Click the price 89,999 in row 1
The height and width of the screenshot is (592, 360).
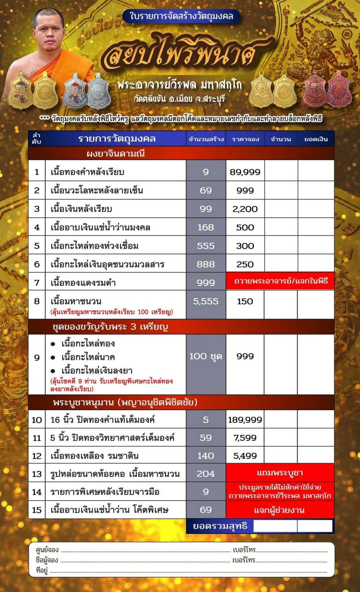point(245,172)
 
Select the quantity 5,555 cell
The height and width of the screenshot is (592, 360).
point(206,301)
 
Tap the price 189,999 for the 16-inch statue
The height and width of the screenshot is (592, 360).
point(245,419)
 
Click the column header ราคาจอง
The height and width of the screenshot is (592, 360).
point(245,139)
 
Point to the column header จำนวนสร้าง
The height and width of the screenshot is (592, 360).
point(206,139)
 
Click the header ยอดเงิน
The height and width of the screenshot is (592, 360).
point(316,139)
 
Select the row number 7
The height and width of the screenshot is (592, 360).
point(37,282)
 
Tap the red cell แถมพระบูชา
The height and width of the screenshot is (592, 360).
point(280,473)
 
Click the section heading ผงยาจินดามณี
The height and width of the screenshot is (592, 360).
point(116,153)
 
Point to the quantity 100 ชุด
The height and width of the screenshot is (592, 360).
point(206,357)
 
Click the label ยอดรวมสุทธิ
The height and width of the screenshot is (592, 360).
point(220,526)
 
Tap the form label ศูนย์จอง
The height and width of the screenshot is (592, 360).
point(47,550)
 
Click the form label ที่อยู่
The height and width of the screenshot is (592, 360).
point(42,570)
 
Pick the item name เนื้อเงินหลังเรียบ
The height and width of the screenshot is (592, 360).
point(82,209)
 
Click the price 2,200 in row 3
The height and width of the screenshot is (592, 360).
point(245,209)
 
